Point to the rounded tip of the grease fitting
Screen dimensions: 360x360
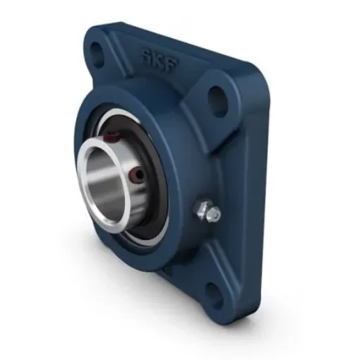[214, 213]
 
